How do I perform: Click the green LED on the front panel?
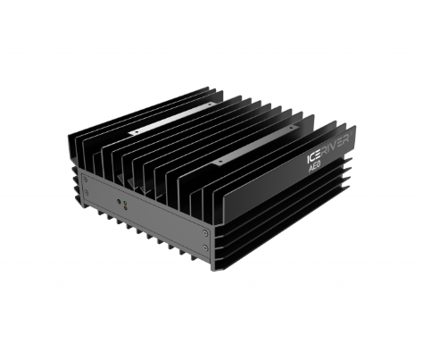(x=125, y=203)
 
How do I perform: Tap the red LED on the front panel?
(x=125, y=207)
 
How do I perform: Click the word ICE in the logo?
(x=314, y=157)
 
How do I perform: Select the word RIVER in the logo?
(x=336, y=146)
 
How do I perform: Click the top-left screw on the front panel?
(x=85, y=179)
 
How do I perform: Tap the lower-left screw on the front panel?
(x=87, y=193)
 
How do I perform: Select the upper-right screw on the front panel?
(x=205, y=232)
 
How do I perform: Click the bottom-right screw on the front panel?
(x=205, y=247)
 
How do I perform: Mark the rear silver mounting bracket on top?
(x=171, y=119)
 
